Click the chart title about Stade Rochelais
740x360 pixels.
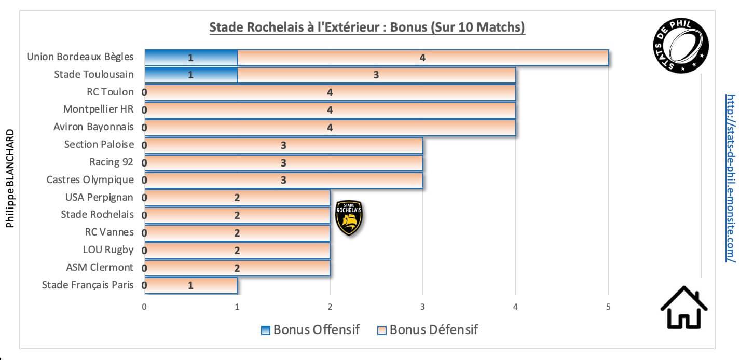[367, 27]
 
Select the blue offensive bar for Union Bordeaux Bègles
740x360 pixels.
[190, 58]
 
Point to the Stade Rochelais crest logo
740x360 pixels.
[349, 217]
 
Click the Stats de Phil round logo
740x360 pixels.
[680, 46]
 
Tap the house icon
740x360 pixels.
[683, 307]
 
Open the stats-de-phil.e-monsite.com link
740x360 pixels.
[730, 178]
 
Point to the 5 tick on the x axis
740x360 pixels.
[608, 307]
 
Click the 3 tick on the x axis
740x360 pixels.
[423, 307]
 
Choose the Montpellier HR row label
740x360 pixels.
[98, 109]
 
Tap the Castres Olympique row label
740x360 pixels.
[90, 179]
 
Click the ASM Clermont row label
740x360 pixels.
[100, 267]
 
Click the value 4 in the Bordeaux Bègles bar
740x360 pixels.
[422, 58]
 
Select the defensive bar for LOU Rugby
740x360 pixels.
[237, 251]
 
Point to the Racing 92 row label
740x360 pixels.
[111, 162]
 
